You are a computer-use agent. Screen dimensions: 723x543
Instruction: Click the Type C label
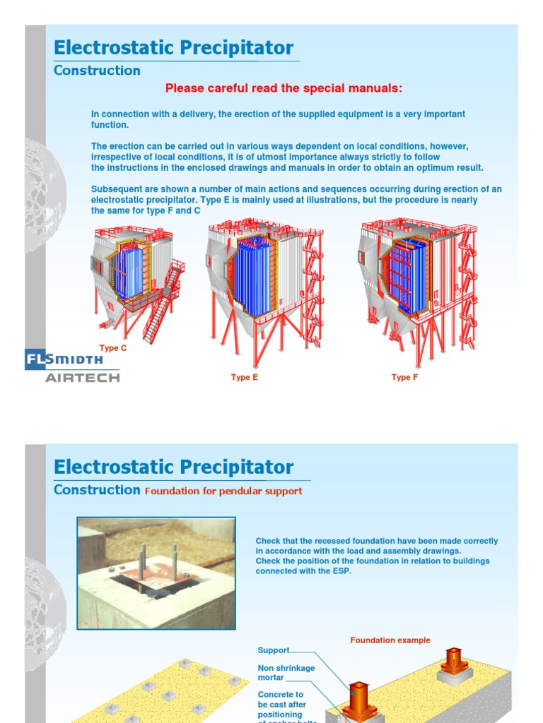[113, 348]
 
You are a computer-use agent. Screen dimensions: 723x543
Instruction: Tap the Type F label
[405, 378]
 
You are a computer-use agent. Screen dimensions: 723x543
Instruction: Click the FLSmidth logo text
[64, 359]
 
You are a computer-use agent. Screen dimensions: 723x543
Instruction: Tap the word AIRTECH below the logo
[82, 378]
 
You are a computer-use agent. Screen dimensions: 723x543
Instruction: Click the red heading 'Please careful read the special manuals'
[284, 88]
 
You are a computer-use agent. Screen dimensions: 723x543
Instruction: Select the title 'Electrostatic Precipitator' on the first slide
[173, 48]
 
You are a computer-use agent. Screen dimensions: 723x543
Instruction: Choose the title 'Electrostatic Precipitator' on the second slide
[173, 467]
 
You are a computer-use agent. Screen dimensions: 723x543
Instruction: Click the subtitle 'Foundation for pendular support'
[223, 491]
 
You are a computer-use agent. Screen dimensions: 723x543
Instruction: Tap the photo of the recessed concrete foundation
[156, 573]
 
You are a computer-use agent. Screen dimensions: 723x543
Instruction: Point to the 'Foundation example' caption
[390, 640]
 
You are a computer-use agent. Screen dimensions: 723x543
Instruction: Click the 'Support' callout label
[274, 650]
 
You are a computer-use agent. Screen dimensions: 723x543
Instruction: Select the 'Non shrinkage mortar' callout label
[286, 673]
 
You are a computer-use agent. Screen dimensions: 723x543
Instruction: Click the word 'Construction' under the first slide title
[97, 71]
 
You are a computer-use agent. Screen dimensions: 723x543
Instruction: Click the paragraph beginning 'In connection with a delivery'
[278, 119]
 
